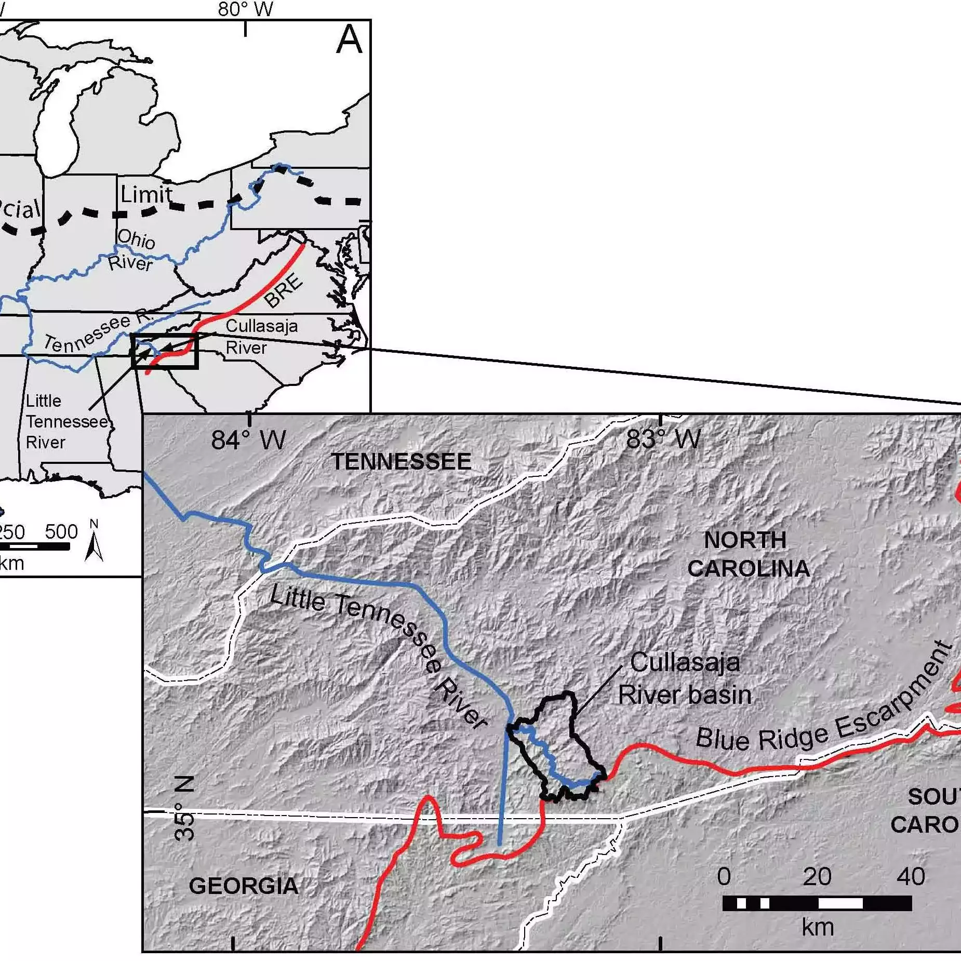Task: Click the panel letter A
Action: pos(349,40)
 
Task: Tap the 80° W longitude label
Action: pos(245,9)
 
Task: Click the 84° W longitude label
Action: pos(248,441)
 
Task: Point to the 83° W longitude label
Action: pos(663,439)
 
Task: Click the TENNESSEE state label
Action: pos(401,462)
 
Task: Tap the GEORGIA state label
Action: pos(244,886)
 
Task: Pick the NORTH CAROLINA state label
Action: pos(748,555)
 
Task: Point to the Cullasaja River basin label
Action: pos(685,679)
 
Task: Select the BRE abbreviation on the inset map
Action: pos(283,290)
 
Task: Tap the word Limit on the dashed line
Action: pos(146,195)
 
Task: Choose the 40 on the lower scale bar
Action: pos(911,877)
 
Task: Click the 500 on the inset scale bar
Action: pos(61,531)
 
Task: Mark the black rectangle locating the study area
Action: pos(165,352)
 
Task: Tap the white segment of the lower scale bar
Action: pos(840,903)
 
